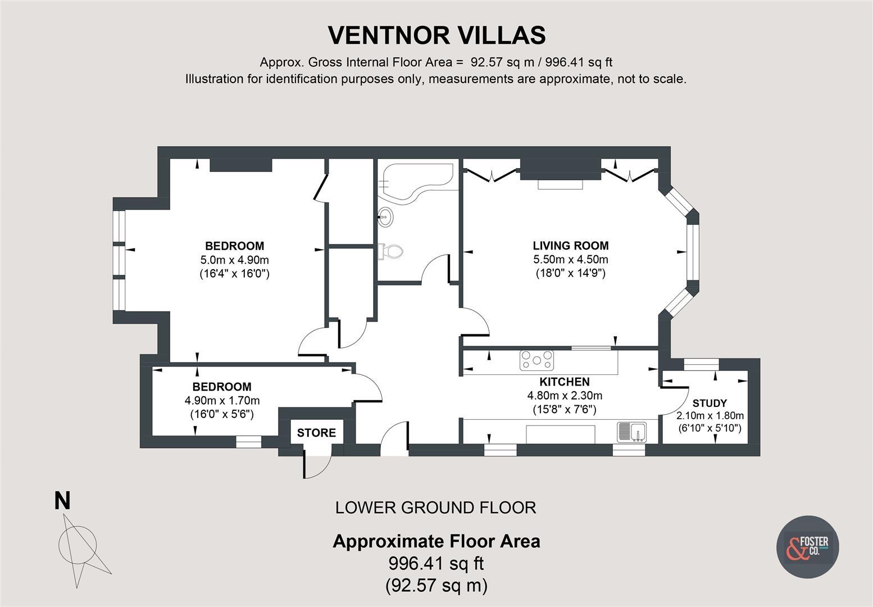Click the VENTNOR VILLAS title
point(436,35)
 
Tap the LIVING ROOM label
point(570,246)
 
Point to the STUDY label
point(710,403)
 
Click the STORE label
point(316,433)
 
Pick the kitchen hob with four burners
point(536,360)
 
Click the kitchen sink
point(632,432)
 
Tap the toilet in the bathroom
point(391,251)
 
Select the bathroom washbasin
point(385,216)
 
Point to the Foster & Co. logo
point(807,546)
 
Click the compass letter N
point(62,501)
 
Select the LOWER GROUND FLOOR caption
point(435,508)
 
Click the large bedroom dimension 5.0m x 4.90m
point(234,260)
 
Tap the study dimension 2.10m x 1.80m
point(710,416)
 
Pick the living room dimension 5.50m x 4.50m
point(570,260)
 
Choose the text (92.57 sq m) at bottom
point(436,586)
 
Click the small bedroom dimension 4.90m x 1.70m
point(222,401)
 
